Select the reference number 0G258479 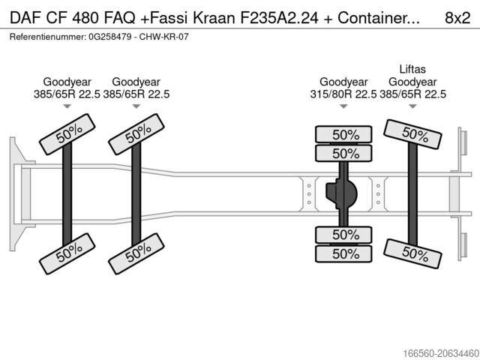pyautogui.click(x=111, y=36)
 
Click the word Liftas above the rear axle pyautogui.click(x=412, y=69)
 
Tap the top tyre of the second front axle pyautogui.click(x=137, y=133)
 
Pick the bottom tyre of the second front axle pyautogui.click(x=137, y=254)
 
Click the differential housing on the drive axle pyautogui.click(x=341, y=193)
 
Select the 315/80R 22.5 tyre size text pyautogui.click(x=343, y=94)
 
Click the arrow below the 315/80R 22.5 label pyautogui.click(x=343, y=106)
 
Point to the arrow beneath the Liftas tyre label pyautogui.click(x=412, y=106)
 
